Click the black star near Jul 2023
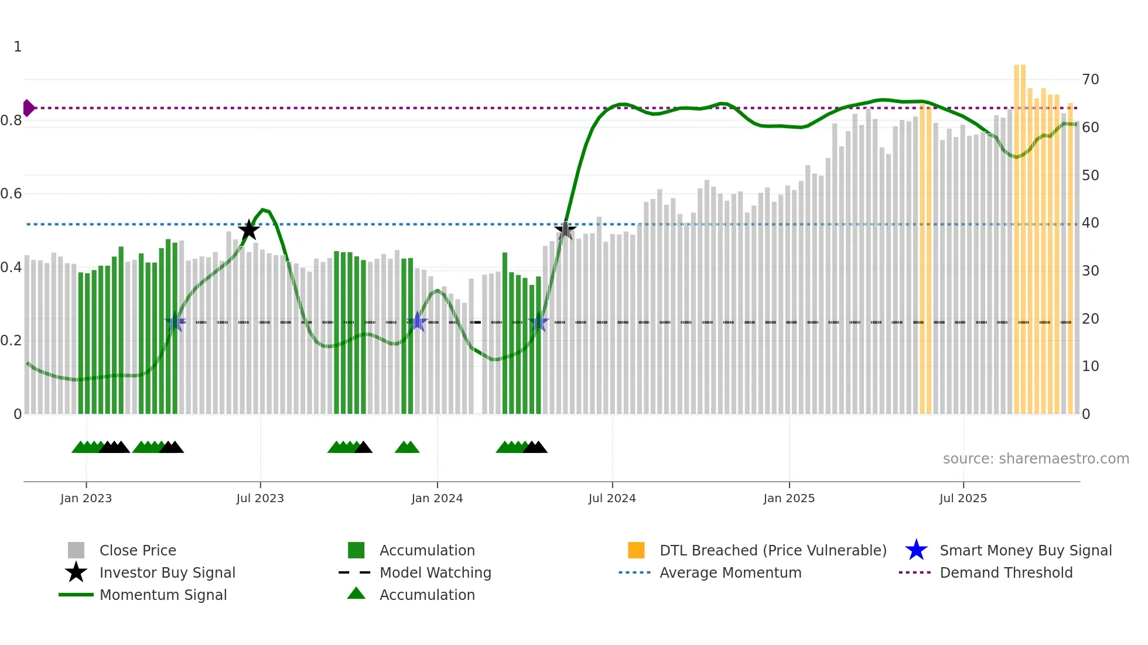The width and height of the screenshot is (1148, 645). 249,230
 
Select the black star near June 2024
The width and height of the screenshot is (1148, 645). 565,230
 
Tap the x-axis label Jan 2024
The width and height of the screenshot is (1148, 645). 437,498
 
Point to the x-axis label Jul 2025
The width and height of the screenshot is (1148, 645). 963,498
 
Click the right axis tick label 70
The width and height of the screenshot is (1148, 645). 1090,80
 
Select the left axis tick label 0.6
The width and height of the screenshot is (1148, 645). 11,194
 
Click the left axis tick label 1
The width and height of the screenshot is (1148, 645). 18,47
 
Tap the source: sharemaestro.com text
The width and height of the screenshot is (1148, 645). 1036,459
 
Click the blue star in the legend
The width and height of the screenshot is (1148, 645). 916,550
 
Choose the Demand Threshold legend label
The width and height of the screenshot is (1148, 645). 1006,572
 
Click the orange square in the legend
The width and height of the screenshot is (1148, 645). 636,550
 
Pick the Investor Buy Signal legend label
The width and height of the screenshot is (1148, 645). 167,572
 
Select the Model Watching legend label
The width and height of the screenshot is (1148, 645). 435,572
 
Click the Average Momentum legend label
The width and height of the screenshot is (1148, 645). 730,572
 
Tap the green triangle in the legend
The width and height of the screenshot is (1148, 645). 356,594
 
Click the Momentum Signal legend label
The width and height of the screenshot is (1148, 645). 163,595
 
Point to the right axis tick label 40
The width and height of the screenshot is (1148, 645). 1090,223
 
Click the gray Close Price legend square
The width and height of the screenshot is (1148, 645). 76,550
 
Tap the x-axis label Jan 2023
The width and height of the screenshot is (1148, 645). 86,498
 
